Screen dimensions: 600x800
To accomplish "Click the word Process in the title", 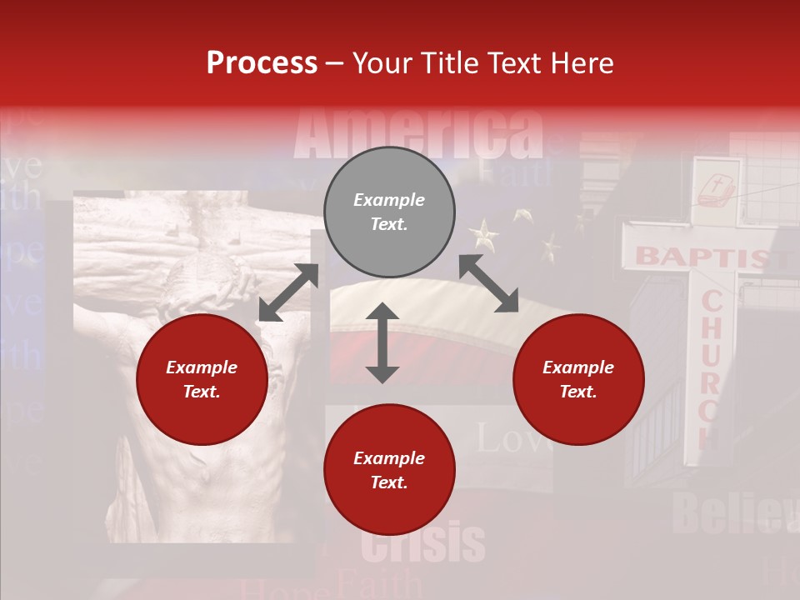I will click(x=262, y=63).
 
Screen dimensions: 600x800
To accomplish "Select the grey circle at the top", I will click(x=389, y=212).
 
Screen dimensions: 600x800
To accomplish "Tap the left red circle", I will click(x=202, y=379).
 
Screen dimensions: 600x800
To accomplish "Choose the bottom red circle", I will click(x=389, y=470).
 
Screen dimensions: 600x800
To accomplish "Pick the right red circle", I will click(x=578, y=379).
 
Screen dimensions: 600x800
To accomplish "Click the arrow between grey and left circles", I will click(x=288, y=292).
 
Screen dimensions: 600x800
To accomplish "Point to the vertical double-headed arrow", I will click(x=382, y=342).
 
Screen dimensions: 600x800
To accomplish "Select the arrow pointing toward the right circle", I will click(x=489, y=283).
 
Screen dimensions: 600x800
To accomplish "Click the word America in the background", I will click(x=418, y=133).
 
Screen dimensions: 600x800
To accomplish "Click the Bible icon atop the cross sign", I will click(x=715, y=191).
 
